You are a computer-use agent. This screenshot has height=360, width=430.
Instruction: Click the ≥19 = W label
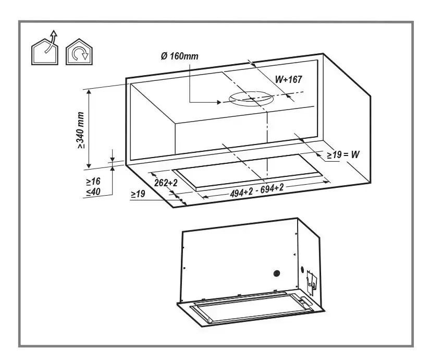point(344,154)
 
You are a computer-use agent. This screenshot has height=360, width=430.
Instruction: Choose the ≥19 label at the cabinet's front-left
point(138,194)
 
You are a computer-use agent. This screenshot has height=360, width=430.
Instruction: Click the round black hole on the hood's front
point(277,273)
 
